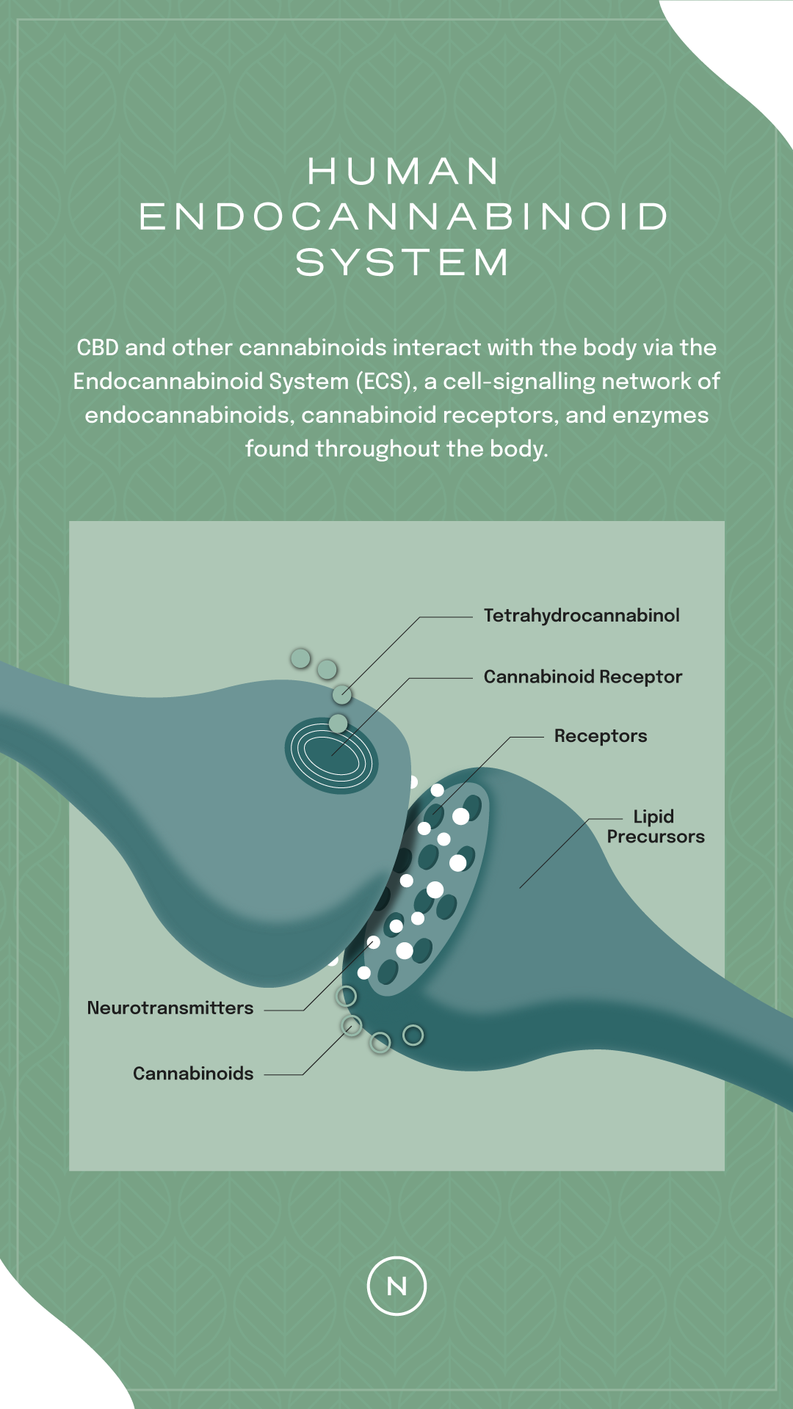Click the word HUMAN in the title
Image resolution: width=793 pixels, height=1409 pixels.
403,171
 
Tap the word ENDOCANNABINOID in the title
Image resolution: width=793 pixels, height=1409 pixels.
403,216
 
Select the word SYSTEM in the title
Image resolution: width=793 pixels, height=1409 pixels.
402,262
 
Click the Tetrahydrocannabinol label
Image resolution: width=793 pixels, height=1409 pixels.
582,616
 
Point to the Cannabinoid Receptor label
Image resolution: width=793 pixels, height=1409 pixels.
583,677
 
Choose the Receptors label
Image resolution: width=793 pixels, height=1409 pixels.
601,736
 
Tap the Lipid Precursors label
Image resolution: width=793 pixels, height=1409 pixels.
656,826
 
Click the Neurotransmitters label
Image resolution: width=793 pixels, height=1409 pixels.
170,1008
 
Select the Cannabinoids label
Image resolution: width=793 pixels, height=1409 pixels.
193,1074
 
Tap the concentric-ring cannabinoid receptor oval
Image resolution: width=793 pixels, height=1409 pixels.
331,755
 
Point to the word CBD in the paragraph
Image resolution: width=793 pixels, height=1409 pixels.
98,347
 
